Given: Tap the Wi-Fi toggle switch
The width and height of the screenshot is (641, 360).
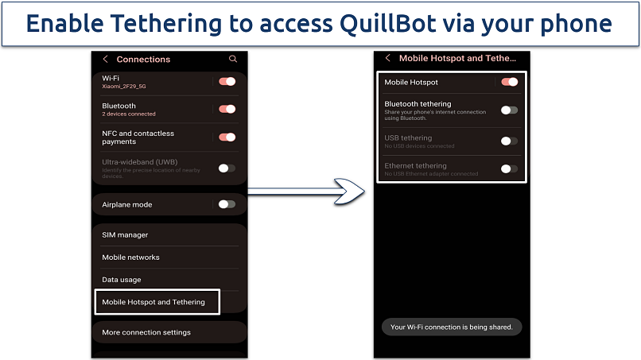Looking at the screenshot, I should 227,81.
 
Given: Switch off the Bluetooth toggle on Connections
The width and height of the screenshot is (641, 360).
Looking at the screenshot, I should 227,109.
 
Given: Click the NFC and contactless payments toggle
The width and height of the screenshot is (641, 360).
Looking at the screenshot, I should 227,137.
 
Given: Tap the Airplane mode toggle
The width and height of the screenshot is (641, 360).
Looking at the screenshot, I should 227,204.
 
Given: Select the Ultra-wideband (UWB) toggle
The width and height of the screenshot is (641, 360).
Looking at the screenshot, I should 227,168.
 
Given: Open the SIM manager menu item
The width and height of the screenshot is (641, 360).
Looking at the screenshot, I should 125,235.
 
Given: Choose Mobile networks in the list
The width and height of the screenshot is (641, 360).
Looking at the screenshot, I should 130,257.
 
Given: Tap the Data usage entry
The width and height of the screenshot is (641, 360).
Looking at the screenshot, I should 122,280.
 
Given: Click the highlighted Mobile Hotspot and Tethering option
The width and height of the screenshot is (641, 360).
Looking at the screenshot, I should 153,302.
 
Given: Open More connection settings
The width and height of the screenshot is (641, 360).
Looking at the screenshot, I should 146,332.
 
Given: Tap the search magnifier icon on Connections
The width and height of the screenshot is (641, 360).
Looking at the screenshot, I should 233,59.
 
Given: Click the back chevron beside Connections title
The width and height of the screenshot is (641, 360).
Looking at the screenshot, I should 106,59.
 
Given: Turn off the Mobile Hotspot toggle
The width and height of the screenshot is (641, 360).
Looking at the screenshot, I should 509,82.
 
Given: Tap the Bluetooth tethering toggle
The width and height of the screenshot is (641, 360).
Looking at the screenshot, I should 509,110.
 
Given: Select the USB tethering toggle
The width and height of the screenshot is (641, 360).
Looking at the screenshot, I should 509,141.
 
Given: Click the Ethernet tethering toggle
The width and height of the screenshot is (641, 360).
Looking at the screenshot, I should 509,168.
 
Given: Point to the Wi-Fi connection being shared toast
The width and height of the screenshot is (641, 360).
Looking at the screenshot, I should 451,327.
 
